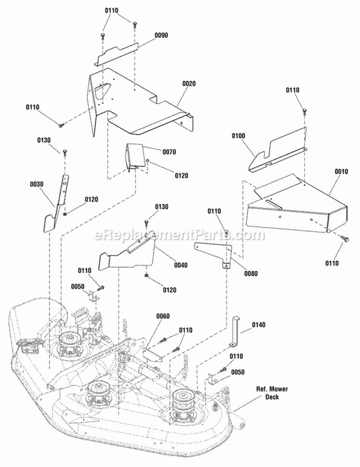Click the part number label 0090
161,35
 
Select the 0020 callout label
189,84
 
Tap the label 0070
169,152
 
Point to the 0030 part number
36,184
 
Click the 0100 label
239,136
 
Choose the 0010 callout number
341,171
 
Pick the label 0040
181,265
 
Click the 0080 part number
251,274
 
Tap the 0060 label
163,316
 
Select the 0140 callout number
259,325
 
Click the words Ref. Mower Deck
272,393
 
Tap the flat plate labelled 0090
116,54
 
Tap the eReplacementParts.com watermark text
180,235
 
